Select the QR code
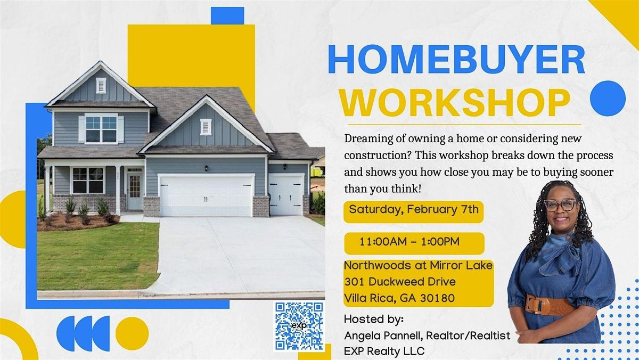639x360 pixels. click(299, 326)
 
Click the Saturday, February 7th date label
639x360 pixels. click(414, 209)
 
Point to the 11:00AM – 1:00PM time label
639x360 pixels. click(409, 242)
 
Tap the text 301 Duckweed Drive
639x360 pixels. click(400, 282)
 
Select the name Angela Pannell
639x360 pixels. click(383, 336)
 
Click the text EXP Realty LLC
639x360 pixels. click(384, 351)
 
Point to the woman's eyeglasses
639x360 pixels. click(560, 205)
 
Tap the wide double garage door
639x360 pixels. click(206, 195)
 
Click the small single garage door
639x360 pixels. click(286, 194)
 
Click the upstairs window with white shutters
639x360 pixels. click(101, 129)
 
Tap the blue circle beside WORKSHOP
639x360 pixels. click(608, 99)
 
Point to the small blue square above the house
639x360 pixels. click(227, 15)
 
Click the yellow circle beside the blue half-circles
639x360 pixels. click(132, 333)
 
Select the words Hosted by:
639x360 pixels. click(374, 319)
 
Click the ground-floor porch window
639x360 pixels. click(88, 181)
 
